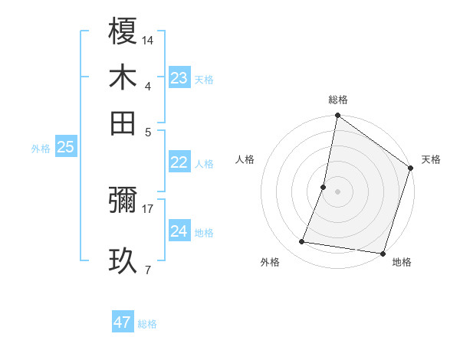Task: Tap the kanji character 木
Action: tap(123, 78)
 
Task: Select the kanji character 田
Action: tap(123, 123)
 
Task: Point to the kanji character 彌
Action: tap(123, 201)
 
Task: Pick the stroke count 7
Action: tap(147, 270)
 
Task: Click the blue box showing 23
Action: tap(179, 78)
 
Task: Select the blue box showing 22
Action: tap(179, 162)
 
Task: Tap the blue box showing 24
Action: tap(179, 231)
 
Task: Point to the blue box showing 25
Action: tap(65, 147)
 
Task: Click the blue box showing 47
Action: tap(123, 322)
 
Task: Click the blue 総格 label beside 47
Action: tap(147, 324)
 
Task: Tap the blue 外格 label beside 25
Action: tap(41, 149)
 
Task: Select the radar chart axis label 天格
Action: tap(431, 159)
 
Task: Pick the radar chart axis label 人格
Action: tap(245, 159)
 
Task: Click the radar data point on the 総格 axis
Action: tap(337, 116)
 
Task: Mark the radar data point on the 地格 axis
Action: tap(382, 254)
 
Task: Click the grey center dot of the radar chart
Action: tap(337, 191)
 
